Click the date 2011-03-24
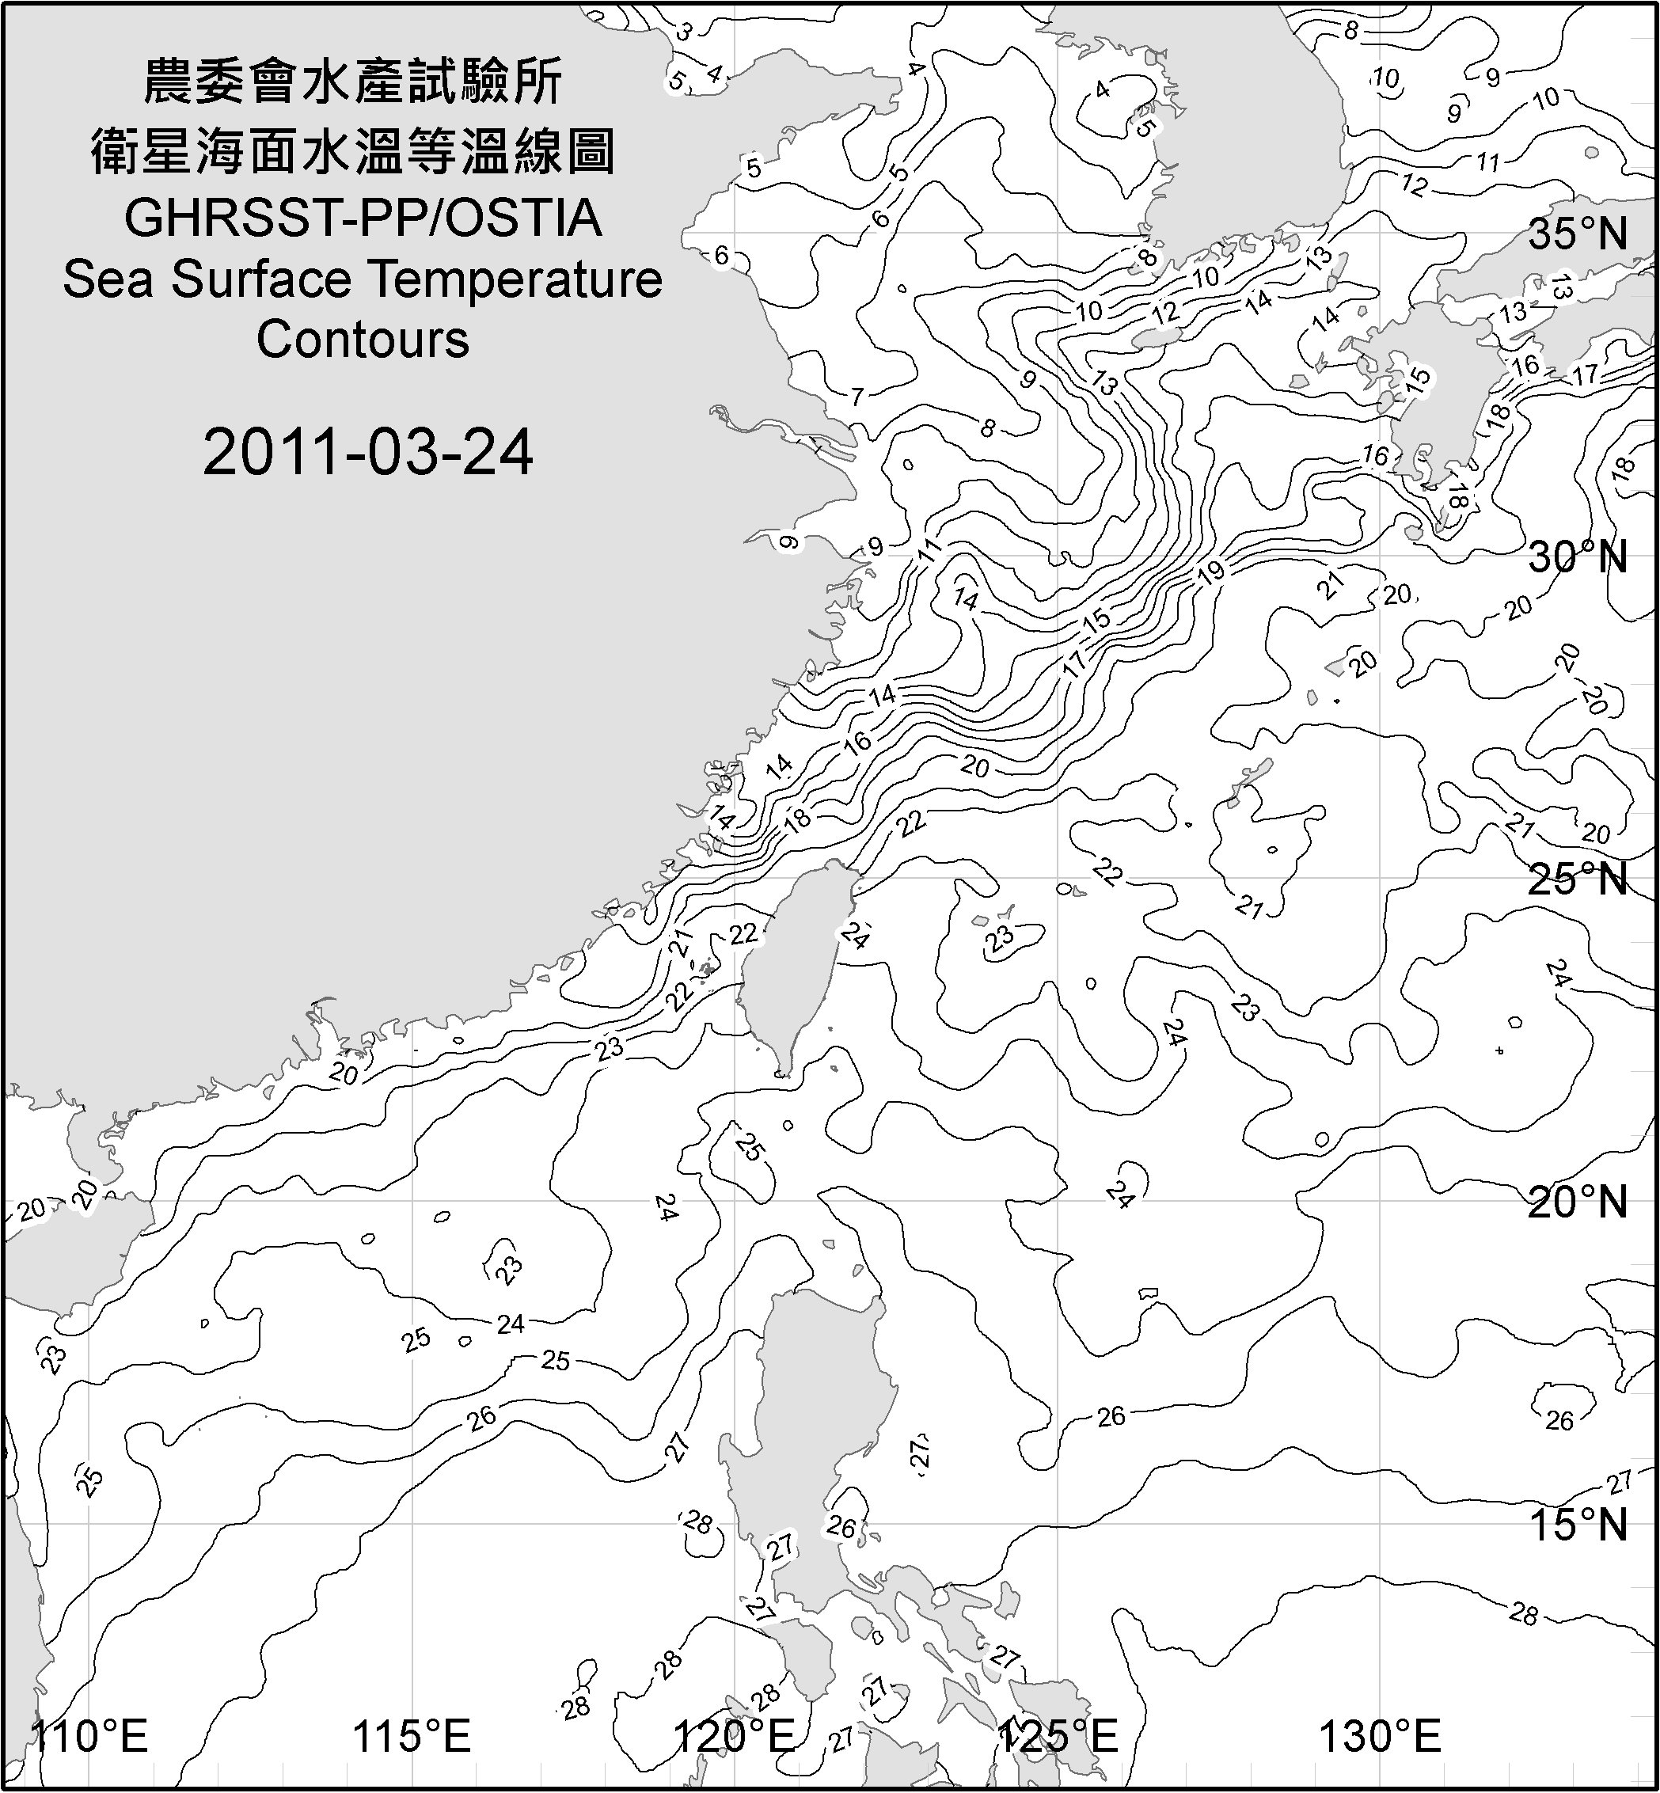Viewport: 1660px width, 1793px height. point(368,452)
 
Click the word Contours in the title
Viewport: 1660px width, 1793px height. point(363,340)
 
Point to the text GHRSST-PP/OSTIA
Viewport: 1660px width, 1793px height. point(363,218)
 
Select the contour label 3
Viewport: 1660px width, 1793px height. point(684,32)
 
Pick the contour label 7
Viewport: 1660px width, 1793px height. point(857,396)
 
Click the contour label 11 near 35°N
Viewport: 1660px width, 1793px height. point(1488,162)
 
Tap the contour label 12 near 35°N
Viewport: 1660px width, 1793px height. point(1414,186)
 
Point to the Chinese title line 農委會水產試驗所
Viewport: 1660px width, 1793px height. point(353,82)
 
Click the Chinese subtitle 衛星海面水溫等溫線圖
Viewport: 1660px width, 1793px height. point(353,151)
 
